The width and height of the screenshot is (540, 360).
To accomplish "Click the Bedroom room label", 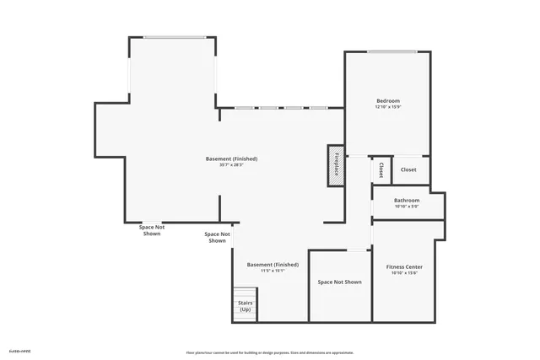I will point(388,100).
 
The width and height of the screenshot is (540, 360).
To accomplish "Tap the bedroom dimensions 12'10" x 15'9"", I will point(388,107).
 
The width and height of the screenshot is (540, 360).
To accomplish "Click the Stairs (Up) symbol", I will point(245,306).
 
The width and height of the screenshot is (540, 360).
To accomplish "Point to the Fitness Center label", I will point(404,266).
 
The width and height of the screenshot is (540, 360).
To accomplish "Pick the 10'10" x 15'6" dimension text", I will point(404,273).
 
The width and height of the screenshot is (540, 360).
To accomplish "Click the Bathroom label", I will point(407,200).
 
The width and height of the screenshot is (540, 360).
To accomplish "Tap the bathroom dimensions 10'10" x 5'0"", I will point(407,207).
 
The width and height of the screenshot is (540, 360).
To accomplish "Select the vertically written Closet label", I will point(381,169).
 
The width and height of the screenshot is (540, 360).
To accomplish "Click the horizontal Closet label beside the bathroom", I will point(408,169).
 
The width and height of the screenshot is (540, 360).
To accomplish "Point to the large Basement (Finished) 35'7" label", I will point(231,159).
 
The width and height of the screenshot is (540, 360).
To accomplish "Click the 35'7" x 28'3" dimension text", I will point(231,165).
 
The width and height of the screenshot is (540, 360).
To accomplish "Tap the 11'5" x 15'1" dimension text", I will point(272,271).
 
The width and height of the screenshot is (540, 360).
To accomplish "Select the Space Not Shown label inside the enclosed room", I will point(339,282).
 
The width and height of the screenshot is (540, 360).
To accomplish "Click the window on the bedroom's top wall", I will point(391,52).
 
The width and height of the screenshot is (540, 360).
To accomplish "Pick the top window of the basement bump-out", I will point(174,36).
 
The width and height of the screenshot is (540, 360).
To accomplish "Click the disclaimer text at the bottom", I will point(270,352).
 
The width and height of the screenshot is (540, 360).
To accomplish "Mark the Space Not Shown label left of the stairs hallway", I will point(217,237).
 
